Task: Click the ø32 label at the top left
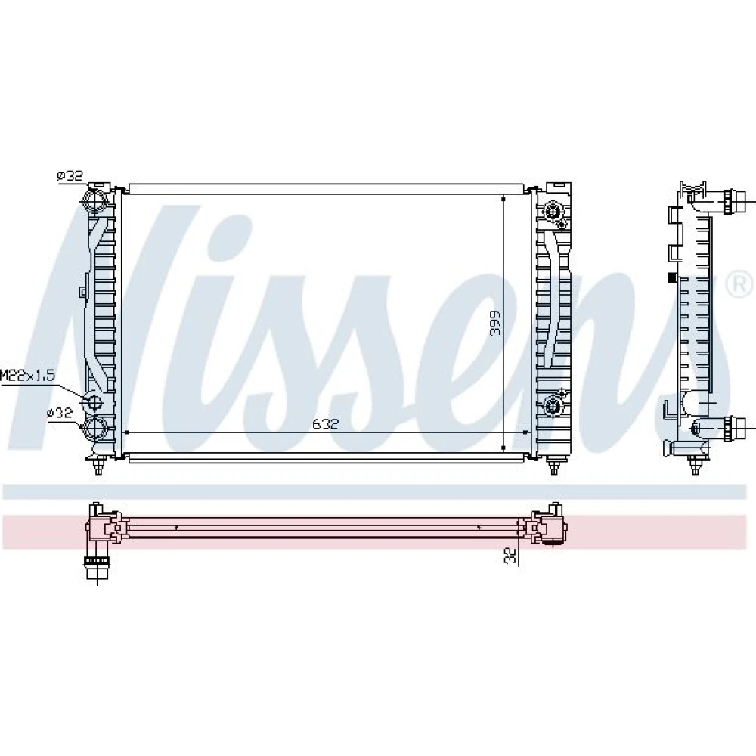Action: (70, 176)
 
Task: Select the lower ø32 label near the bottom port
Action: (60, 413)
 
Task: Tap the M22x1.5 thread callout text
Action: (27, 375)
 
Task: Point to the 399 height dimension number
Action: (494, 323)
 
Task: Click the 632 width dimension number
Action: (325, 424)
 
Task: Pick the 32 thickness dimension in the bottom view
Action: (510, 556)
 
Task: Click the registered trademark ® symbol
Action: (739, 284)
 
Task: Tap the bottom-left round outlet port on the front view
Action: (95, 428)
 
